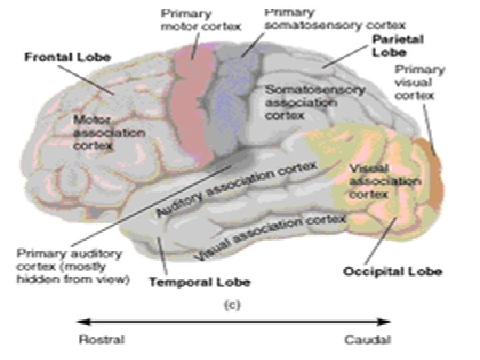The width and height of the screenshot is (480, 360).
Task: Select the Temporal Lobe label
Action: pos(199,283)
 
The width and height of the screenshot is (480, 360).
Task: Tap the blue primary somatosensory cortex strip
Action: pos(231,100)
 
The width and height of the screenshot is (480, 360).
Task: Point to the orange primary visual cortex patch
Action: pos(430,170)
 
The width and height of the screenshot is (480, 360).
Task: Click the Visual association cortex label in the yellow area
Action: pos(384,178)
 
